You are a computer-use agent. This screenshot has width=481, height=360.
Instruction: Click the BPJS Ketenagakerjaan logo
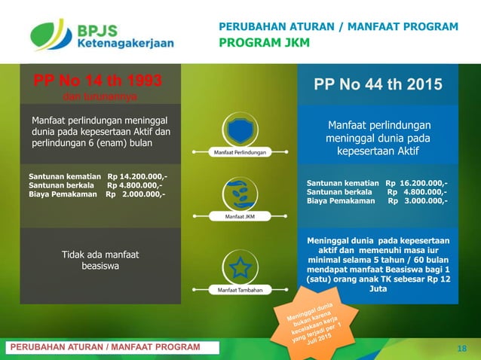101,34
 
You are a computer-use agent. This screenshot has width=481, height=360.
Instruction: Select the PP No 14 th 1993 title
96,81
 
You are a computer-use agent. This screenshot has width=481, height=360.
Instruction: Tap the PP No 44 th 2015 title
378,84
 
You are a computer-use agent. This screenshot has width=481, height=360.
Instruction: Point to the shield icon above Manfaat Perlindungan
238,130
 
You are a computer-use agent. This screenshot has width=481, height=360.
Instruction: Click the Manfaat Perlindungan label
238,153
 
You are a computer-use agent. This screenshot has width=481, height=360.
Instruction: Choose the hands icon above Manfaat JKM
238,193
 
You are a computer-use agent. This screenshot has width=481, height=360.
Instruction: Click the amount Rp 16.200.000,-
416,183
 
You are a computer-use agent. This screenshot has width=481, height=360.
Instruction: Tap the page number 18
462,347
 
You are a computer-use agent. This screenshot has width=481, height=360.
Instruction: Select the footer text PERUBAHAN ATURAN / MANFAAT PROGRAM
104,346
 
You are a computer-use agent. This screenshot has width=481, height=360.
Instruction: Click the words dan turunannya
96,96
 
